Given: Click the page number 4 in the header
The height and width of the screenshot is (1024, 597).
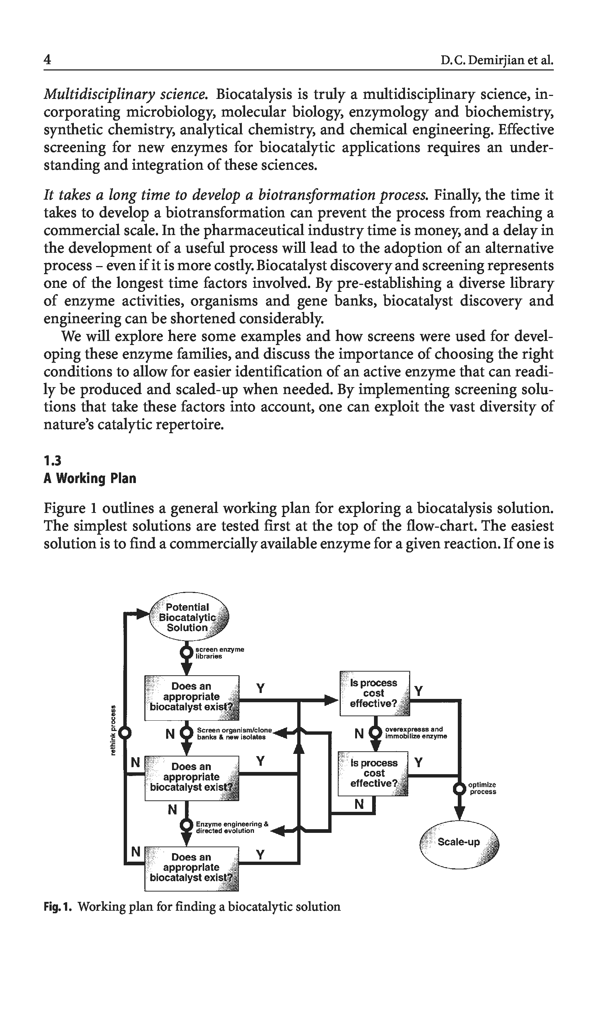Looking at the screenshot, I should (x=48, y=60).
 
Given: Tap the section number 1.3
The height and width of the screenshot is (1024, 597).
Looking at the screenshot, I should (x=52, y=461).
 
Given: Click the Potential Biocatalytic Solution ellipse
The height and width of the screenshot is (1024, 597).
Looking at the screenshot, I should (x=189, y=617).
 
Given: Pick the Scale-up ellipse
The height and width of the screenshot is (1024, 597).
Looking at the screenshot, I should (x=459, y=842).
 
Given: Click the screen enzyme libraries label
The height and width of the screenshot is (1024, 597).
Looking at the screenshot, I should (x=220, y=653).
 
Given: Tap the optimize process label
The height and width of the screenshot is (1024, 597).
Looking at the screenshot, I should (x=482, y=788).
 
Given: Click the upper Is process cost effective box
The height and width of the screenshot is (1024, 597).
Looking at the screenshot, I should (x=374, y=693).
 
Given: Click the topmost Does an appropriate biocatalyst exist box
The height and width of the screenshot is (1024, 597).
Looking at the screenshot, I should (x=192, y=698).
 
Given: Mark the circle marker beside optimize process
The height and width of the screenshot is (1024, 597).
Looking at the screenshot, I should (x=460, y=789).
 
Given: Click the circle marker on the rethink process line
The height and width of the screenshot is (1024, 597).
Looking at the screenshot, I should (x=126, y=732).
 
